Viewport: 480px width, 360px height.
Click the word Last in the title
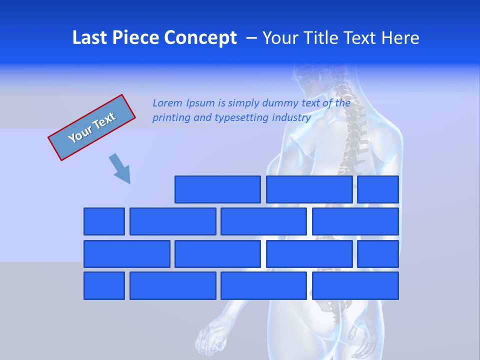pyautogui.click(x=90, y=38)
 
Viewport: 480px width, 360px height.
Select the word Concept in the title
pyautogui.click(x=200, y=38)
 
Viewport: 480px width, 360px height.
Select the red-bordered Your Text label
pyautogui.click(x=92, y=127)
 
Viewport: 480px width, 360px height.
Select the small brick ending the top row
pyautogui.click(x=378, y=189)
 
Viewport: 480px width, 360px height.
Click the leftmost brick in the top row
pyautogui.click(x=217, y=189)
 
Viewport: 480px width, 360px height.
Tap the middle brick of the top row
pyautogui.click(x=309, y=189)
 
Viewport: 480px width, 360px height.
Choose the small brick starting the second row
pyautogui.click(x=104, y=221)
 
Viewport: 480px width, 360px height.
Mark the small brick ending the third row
pyautogui.click(x=378, y=254)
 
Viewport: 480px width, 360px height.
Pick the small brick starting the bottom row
pyautogui.click(x=104, y=286)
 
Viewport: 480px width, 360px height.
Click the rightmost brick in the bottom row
pyautogui.click(x=355, y=286)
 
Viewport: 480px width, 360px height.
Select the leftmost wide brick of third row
pyautogui.click(x=126, y=254)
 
